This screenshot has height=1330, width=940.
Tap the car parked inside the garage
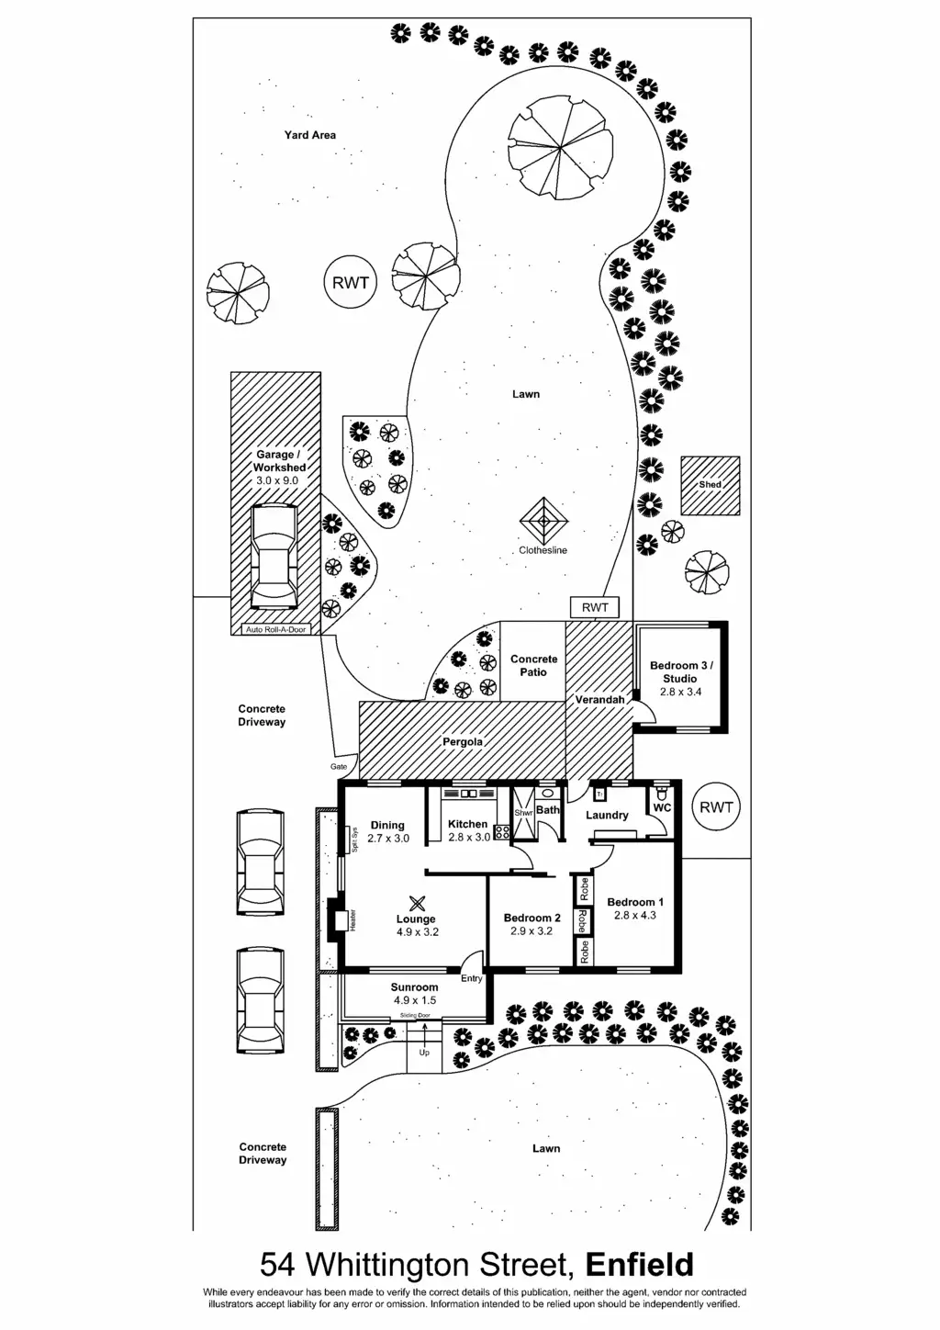tap(273, 557)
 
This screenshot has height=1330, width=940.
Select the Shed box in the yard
tap(710, 485)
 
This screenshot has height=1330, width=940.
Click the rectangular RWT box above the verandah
tap(595, 607)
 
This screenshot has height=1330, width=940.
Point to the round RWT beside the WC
tap(716, 807)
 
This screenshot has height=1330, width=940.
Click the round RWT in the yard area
tap(351, 282)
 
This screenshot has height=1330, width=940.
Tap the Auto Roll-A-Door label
tap(275, 629)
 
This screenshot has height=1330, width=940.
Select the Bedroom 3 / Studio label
tap(680, 671)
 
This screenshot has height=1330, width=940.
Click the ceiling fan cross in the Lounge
tap(417, 903)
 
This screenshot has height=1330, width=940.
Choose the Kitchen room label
tap(468, 824)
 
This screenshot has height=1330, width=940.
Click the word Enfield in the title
tap(640, 1265)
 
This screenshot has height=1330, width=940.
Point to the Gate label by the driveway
tap(340, 766)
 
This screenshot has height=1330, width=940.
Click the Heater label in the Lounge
tap(353, 920)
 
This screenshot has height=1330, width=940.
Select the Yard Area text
tap(309, 135)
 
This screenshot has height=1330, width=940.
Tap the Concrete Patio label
tap(533, 665)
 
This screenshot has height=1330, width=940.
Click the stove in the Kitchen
tap(501, 832)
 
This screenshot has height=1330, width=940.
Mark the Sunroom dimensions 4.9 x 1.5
tap(414, 1000)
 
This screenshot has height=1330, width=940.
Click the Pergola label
tap(463, 741)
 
